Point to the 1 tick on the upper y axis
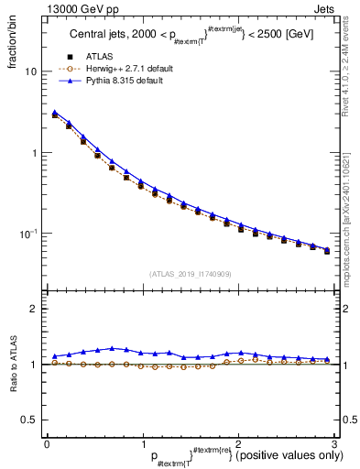pyautogui.click(x=35, y=153)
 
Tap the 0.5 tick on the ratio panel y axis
pyautogui.click(x=30, y=420)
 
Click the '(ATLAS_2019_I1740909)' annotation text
pyautogui.click(x=190, y=273)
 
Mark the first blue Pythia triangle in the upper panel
pyautogui.click(x=55, y=113)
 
